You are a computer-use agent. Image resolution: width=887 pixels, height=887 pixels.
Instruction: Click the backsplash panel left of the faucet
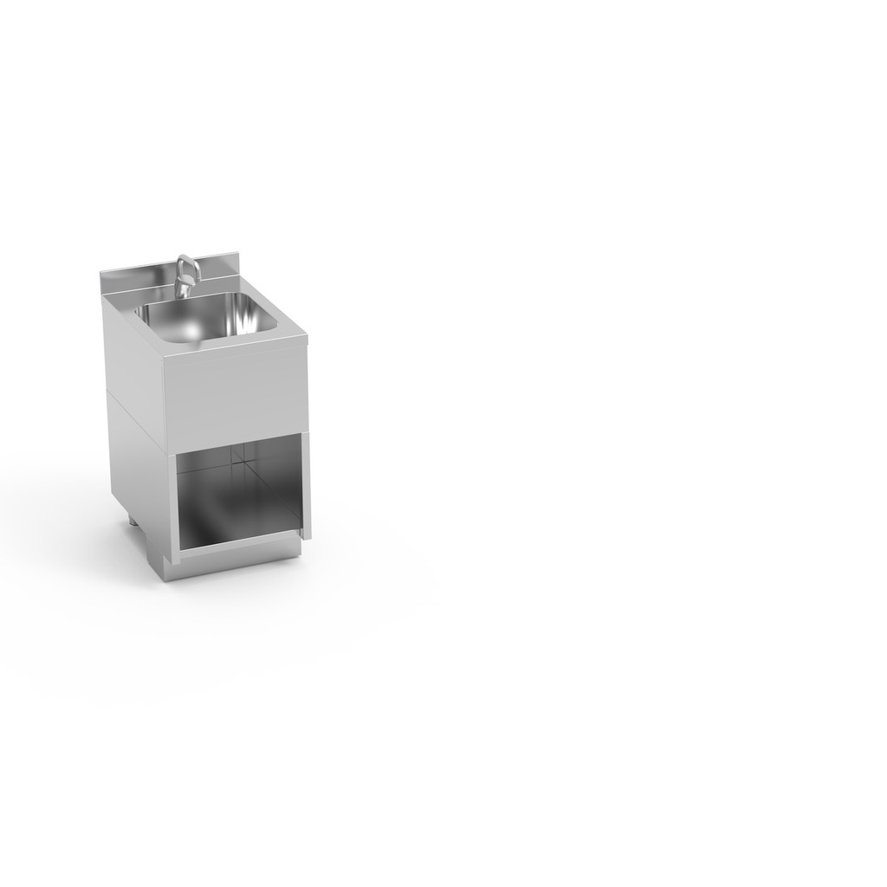[139, 279]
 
